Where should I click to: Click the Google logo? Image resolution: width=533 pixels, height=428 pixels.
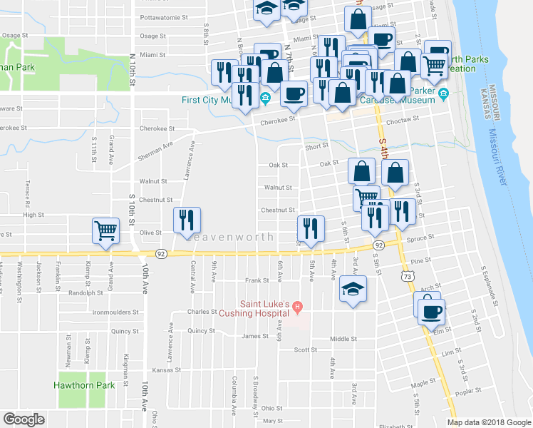click(x=24, y=419)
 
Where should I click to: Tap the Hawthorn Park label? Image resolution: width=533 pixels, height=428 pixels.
click(x=84, y=385)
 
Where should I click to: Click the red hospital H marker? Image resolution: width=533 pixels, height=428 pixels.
click(x=299, y=307)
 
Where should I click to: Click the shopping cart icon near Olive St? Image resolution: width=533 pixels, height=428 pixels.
click(x=105, y=230)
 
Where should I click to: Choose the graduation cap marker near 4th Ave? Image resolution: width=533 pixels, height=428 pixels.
click(x=353, y=290)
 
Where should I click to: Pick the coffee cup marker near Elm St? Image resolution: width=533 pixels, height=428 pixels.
click(x=432, y=312)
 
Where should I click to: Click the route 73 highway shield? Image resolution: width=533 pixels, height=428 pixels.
click(x=407, y=275)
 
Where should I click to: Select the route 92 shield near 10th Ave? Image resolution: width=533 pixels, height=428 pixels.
click(x=162, y=254)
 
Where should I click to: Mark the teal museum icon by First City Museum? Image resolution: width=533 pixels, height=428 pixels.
click(x=265, y=98)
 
